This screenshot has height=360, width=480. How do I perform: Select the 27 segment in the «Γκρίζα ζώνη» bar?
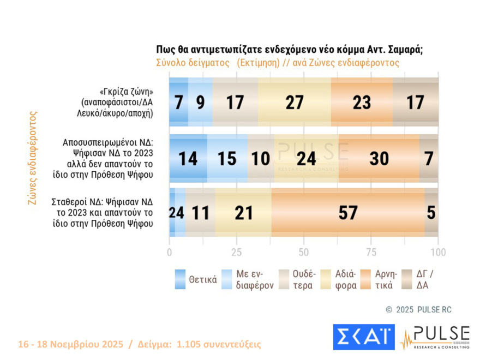pyautogui.click(x=295, y=103)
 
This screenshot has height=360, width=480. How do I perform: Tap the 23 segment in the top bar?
pyautogui.click(x=362, y=103)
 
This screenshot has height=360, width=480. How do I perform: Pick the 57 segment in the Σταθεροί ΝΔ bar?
pyautogui.click(x=347, y=212)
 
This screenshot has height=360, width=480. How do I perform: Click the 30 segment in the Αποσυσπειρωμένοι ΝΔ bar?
pyautogui.click(x=379, y=158)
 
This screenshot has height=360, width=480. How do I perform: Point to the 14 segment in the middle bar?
pyautogui.click(x=188, y=158)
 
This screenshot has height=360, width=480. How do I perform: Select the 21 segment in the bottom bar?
pyautogui.click(x=243, y=212)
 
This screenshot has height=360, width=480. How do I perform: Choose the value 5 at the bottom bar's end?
pyautogui.click(x=431, y=212)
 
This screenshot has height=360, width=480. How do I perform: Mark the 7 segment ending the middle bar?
pyautogui.click(x=429, y=158)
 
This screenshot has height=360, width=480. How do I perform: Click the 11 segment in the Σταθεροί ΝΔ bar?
pyautogui.click(x=200, y=212)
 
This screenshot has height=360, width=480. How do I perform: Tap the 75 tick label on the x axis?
pyautogui.click(x=371, y=253)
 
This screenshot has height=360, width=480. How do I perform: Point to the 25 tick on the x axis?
pyautogui.click(x=236, y=253)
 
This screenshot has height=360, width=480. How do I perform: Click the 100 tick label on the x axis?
pyautogui.click(x=438, y=253)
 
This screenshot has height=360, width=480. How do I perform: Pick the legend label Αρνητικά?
pyautogui.click(x=384, y=279)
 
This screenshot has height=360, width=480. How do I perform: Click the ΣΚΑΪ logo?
pyautogui.click(x=363, y=337)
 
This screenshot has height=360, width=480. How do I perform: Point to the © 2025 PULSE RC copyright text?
pyautogui.click(x=418, y=310)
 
